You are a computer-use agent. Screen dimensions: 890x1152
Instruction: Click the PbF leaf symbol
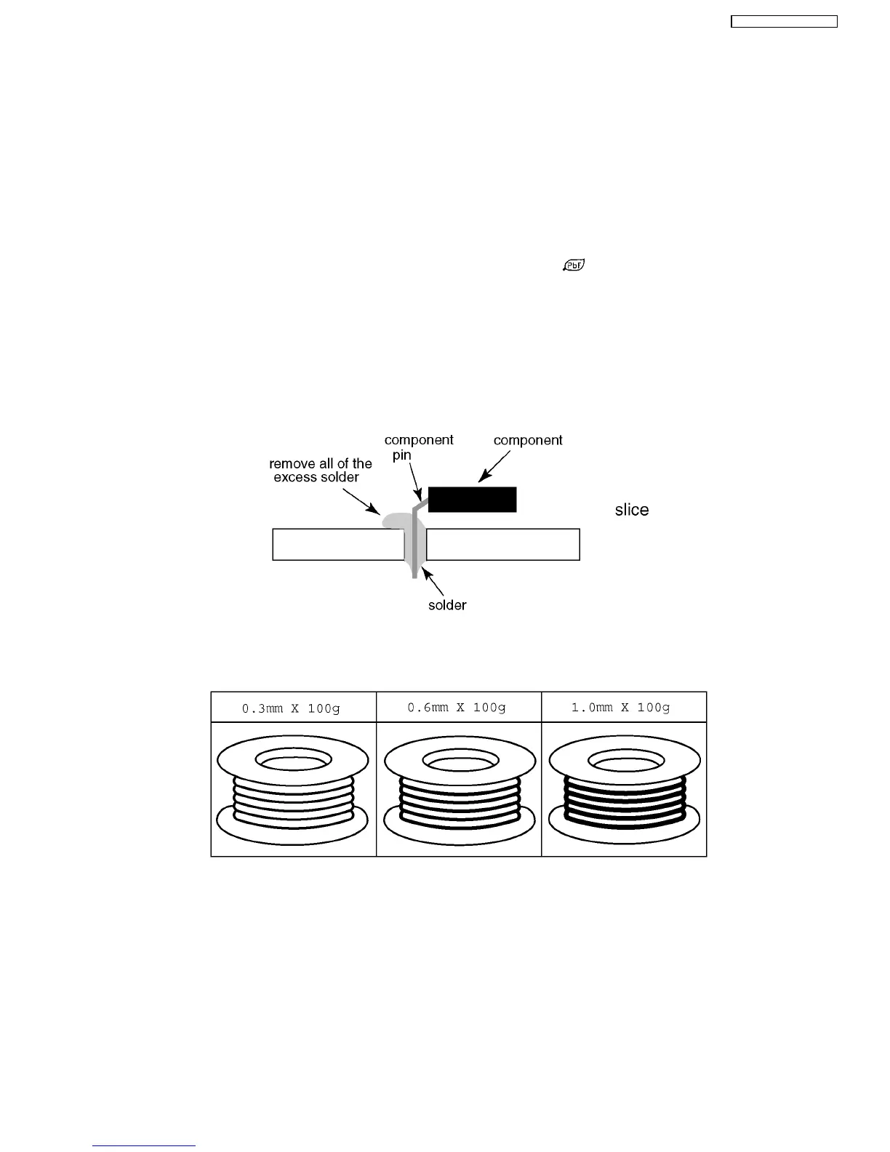click(x=574, y=265)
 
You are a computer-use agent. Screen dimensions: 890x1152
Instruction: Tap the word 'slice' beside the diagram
click(x=631, y=510)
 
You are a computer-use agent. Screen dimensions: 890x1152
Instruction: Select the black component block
click(x=472, y=500)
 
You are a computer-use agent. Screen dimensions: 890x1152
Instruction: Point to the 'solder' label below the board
click(x=446, y=605)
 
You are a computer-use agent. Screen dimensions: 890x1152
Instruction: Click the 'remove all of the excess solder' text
click(x=320, y=471)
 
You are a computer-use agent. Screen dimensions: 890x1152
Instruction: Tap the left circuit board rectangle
click(x=337, y=545)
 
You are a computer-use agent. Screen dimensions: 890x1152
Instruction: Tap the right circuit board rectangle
click(x=502, y=545)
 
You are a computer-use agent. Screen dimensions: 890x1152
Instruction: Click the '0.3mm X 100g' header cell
click(x=293, y=708)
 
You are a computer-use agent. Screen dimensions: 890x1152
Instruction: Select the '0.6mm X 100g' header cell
click(x=459, y=708)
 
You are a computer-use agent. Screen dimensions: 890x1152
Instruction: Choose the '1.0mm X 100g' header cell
click(x=624, y=708)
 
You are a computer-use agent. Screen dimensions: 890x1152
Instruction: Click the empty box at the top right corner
click(x=784, y=22)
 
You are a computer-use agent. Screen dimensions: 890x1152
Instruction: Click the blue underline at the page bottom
click(x=144, y=1145)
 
